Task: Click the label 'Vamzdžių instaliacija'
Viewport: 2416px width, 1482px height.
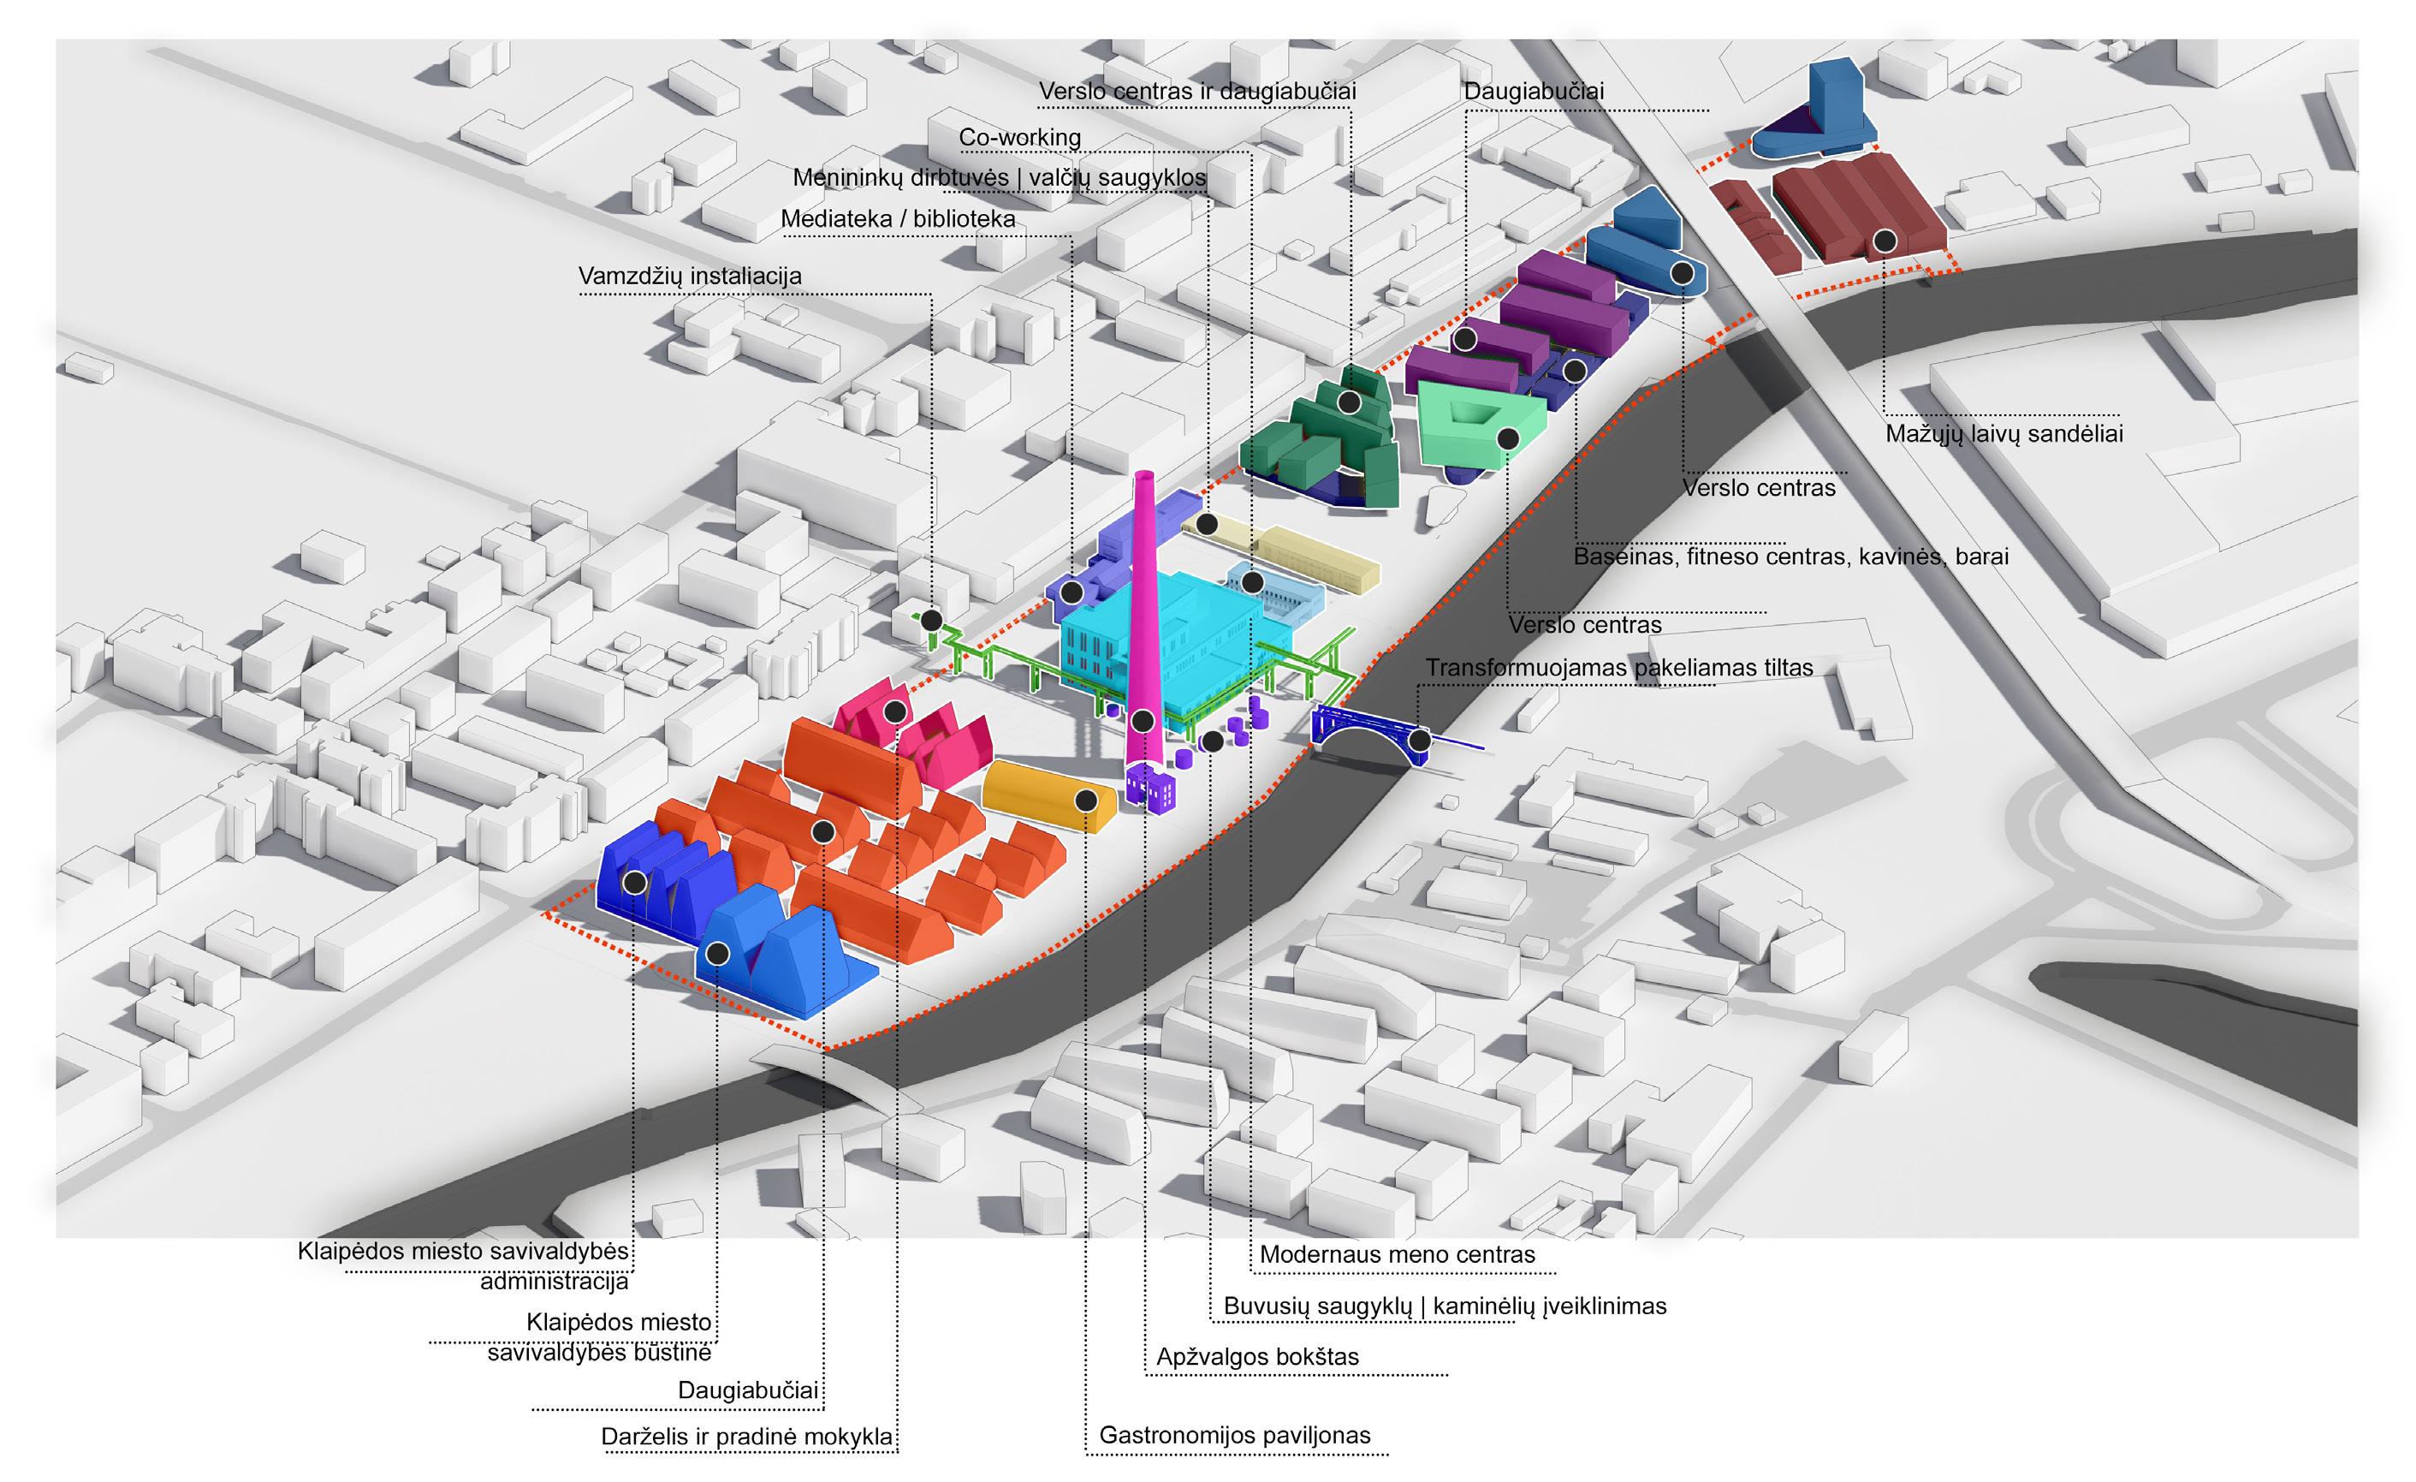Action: click(x=689, y=276)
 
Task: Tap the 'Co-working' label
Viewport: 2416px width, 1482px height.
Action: click(x=1020, y=137)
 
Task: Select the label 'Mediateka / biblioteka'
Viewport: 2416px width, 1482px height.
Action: click(x=897, y=218)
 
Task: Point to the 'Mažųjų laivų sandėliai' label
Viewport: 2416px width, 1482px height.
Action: click(x=2004, y=433)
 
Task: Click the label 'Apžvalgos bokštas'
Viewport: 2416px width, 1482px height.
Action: click(x=1257, y=1358)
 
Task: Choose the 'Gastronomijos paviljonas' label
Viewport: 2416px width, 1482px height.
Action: click(x=1234, y=1435)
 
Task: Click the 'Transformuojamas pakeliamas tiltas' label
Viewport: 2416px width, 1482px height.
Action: click(x=1619, y=668)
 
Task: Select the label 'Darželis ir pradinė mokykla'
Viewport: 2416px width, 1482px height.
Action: click(x=747, y=1437)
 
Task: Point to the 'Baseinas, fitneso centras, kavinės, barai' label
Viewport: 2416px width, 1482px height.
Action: click(x=1790, y=556)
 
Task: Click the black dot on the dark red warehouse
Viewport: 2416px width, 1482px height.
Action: click(x=1885, y=241)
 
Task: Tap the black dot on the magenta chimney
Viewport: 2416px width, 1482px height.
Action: click(x=1143, y=722)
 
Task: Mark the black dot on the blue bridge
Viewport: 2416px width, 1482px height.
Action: click(x=1419, y=741)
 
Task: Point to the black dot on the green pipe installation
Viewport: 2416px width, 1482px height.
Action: click(x=931, y=621)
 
